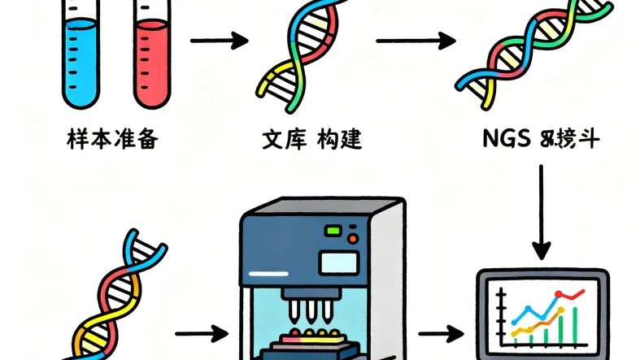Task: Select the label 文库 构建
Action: coord(311,140)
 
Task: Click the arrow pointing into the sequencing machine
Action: coord(200,332)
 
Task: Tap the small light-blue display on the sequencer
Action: coord(338,262)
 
